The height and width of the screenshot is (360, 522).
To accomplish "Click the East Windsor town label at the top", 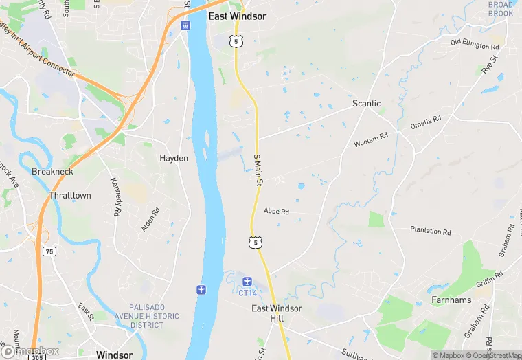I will coord(237,16).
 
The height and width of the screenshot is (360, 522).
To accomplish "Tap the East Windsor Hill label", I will coord(276,313).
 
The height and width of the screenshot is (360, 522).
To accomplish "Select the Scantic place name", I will coord(366,104).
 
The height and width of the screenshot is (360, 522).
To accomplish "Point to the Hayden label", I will coord(174,158).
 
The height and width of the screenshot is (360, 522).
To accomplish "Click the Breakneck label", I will coord(52,171).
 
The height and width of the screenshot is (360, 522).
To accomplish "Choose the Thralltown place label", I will coord(70,196).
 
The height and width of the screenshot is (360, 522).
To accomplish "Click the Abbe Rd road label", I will coord(276,212).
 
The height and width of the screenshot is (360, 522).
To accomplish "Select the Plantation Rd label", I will coord(430,231).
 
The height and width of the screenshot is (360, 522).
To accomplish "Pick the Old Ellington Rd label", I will coord(474,45).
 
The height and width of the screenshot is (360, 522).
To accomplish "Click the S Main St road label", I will coord(259,170).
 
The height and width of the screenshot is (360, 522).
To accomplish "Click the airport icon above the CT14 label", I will coord(247,280).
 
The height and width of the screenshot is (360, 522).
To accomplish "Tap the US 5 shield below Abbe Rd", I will coord(255,243).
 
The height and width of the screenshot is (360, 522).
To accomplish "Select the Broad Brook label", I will coord(500,9).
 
